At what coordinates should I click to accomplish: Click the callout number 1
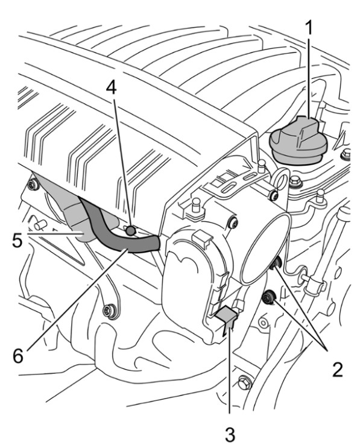(309, 28)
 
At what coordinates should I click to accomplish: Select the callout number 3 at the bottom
(230, 434)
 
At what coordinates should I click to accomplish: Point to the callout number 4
(112, 87)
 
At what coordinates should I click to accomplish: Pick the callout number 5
(17, 241)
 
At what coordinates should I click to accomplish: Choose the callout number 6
(18, 355)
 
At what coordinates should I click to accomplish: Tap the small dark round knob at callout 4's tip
(131, 230)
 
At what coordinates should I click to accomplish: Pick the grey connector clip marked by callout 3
(227, 317)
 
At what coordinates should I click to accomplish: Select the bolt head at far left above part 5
(34, 185)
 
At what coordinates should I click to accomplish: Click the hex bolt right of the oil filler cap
(346, 154)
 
